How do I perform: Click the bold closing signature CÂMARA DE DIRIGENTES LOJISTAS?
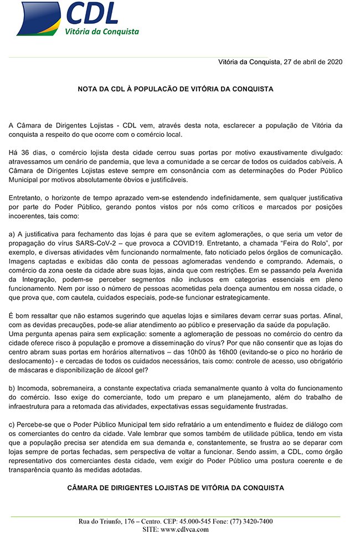pos(176,488)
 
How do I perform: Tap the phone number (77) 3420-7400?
pos(245,521)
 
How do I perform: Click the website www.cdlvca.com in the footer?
pos(184,529)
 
